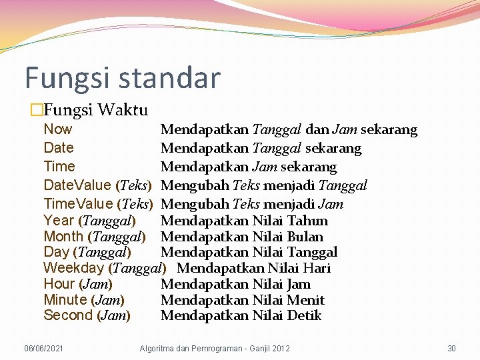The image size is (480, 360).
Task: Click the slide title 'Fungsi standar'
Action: coord(122,77)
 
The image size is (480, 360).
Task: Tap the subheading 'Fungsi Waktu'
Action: coord(97,109)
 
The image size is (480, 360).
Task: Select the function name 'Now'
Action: coord(57,129)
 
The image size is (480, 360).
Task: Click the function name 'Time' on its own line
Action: coord(59,167)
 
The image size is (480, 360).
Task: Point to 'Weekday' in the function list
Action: coord(73,268)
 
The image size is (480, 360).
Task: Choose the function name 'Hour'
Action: coord(59,284)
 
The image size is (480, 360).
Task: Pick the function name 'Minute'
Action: coord(65,300)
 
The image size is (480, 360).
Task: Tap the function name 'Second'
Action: coord(67,315)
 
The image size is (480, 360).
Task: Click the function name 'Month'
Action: coord(63,236)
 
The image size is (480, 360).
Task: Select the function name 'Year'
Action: coord(59,220)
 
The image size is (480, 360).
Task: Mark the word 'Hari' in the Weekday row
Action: coord(317,269)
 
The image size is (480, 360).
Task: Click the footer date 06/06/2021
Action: coord(44,349)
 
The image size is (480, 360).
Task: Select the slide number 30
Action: coord(451,349)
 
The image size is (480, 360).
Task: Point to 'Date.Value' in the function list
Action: coord(77,185)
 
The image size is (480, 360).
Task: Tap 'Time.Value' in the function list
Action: coord(77,204)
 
